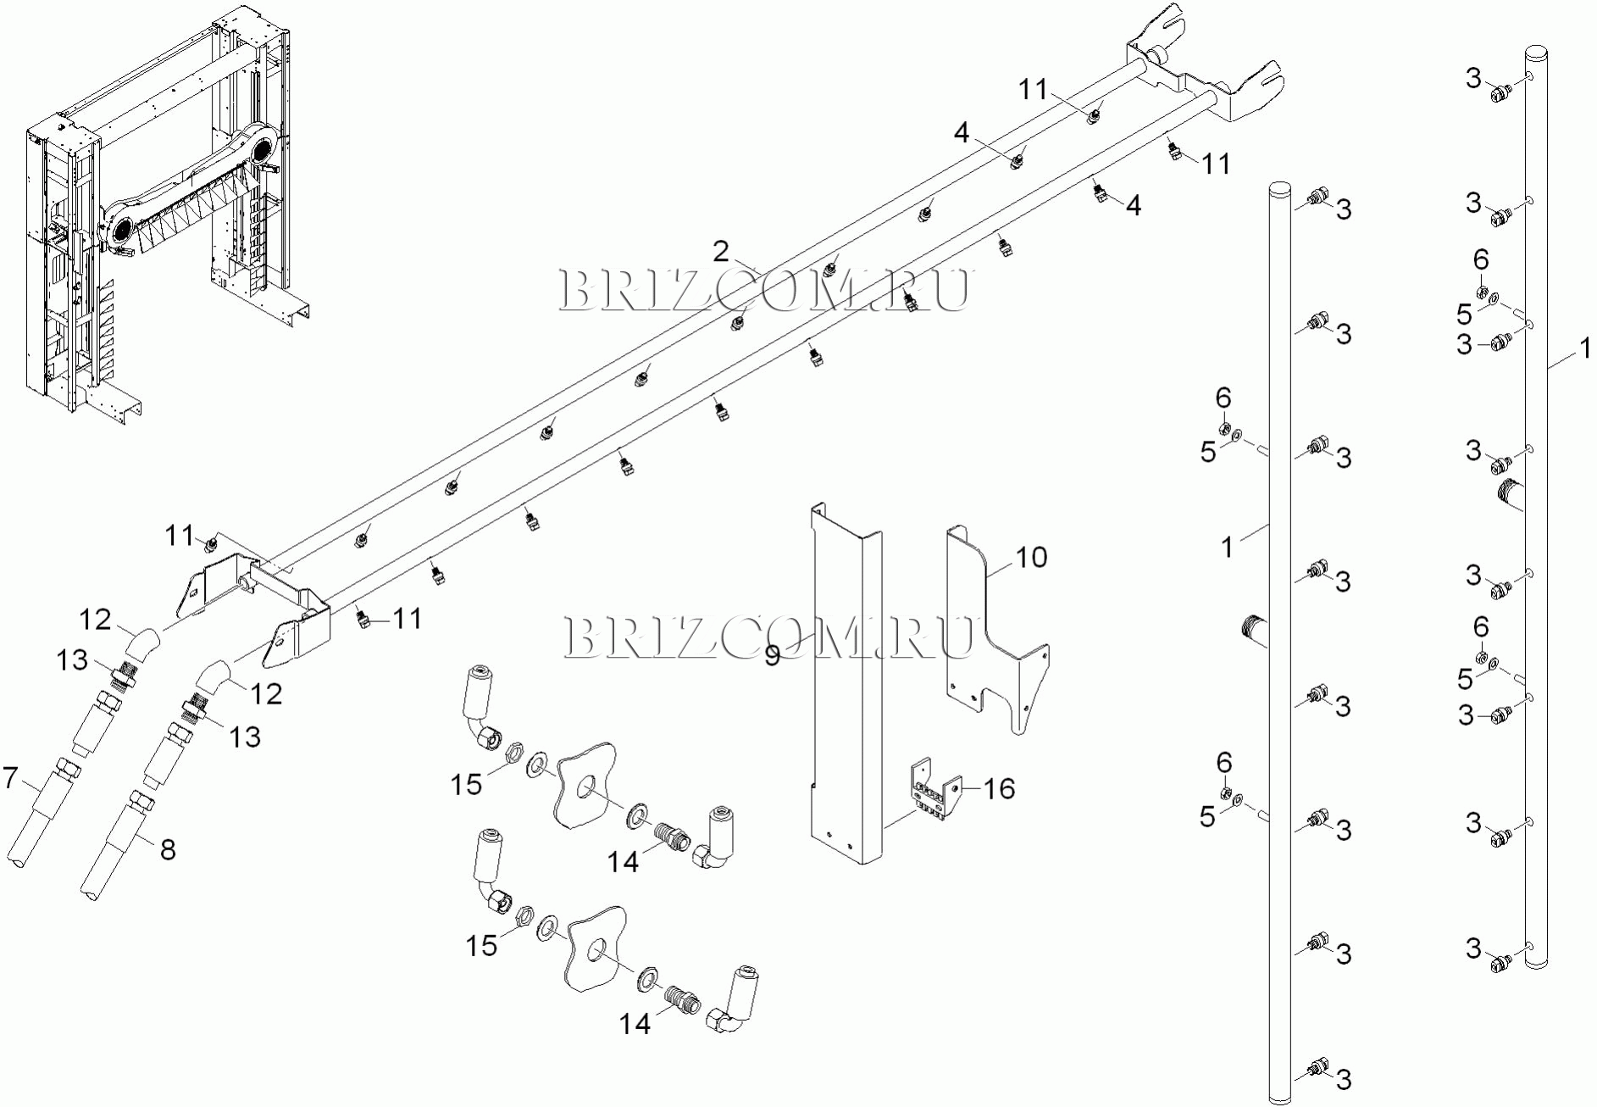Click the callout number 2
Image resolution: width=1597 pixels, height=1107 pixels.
pos(720,252)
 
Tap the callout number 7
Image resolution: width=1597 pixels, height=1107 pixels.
pos(10,777)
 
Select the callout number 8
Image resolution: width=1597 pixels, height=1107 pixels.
pos(168,849)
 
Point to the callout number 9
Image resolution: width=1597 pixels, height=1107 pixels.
pos(772,656)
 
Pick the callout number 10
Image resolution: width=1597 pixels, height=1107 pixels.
pos(1031,558)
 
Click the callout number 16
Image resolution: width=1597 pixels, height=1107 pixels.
pos(999,789)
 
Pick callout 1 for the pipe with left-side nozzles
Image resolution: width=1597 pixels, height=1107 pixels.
pos(1583,348)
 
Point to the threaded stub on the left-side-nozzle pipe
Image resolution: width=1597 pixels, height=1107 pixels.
pos(1510,493)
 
